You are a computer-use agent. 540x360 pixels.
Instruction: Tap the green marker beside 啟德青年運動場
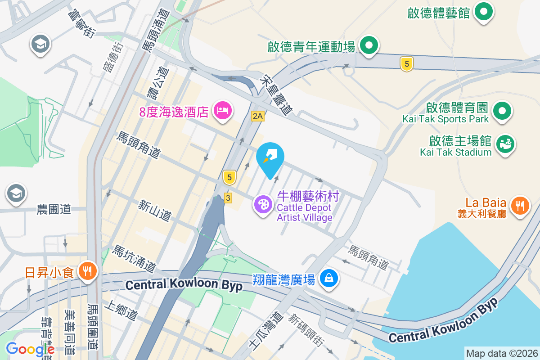pyautogui.click(x=370, y=45)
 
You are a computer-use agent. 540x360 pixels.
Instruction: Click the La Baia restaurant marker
pyautogui.click(x=520, y=206)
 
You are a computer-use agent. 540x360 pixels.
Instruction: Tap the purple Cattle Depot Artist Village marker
pyautogui.click(x=263, y=204)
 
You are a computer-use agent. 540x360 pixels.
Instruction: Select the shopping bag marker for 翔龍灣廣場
pyautogui.click(x=329, y=279)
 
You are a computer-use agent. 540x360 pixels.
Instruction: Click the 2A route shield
pyautogui.click(x=257, y=117)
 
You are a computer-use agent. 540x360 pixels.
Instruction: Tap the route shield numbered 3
pyautogui.click(x=229, y=198)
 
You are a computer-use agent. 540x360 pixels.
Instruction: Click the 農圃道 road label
pyautogui.click(x=54, y=209)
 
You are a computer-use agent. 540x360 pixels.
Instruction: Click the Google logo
pyautogui.click(x=30, y=349)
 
